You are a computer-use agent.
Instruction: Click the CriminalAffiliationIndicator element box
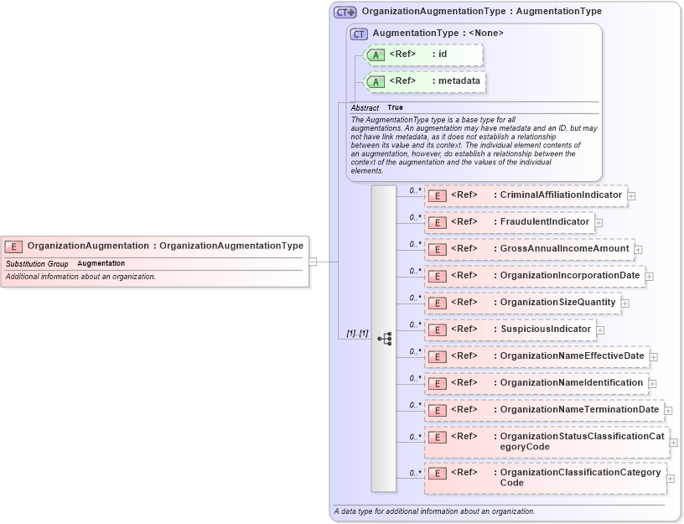(526, 195)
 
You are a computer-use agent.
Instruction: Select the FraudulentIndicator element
(509, 222)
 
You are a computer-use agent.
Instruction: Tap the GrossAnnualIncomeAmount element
(529, 249)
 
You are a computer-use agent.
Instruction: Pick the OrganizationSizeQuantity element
(522, 303)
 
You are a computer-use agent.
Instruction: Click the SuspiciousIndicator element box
(510, 329)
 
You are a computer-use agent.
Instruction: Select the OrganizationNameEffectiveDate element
(536, 356)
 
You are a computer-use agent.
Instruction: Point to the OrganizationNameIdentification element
(536, 383)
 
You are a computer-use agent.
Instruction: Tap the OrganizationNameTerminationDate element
(544, 410)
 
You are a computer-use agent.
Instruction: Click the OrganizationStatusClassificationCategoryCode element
(546, 442)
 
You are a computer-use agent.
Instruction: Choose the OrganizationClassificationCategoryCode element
(546, 478)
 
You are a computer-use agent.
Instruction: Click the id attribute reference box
(423, 54)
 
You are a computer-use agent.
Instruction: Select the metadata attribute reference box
(424, 81)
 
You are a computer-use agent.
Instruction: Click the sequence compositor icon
(385, 339)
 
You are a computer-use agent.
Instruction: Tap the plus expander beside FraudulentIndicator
(599, 223)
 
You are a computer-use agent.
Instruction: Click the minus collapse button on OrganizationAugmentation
(313, 261)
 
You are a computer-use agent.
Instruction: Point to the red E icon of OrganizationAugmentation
(13, 246)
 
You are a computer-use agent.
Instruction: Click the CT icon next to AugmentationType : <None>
(359, 34)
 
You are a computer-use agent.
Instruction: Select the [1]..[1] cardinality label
(357, 334)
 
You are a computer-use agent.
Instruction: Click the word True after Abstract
(395, 108)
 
